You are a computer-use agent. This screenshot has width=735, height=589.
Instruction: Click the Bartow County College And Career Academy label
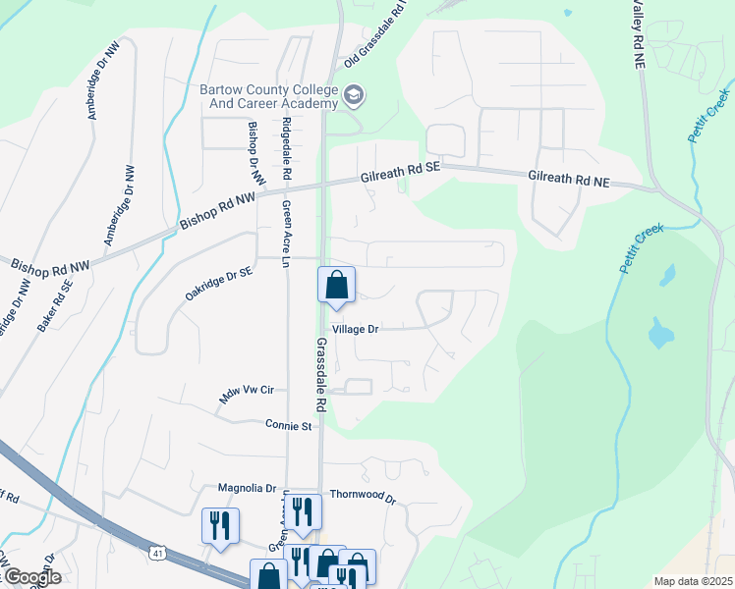pos(267,96)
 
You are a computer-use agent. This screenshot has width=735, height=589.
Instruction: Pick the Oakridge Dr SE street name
pos(217,283)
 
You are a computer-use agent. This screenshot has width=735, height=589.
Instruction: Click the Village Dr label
pos(355,330)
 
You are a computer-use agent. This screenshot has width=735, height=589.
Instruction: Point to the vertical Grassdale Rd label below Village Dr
pos(320,375)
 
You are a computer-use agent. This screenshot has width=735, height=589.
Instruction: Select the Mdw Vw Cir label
pos(239,393)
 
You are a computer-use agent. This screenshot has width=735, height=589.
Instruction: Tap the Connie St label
pos(287,425)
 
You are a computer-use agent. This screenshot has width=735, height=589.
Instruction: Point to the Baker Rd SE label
pos(56,303)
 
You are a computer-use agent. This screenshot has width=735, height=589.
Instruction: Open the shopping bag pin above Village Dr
pos(335,286)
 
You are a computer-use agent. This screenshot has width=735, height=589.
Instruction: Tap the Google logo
pos(31,577)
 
